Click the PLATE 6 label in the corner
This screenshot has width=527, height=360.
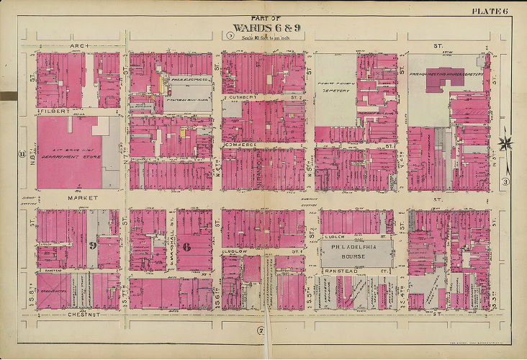(x=490, y=9)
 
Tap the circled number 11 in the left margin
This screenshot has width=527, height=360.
(x=22, y=153)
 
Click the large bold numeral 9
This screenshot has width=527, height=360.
(x=93, y=244)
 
